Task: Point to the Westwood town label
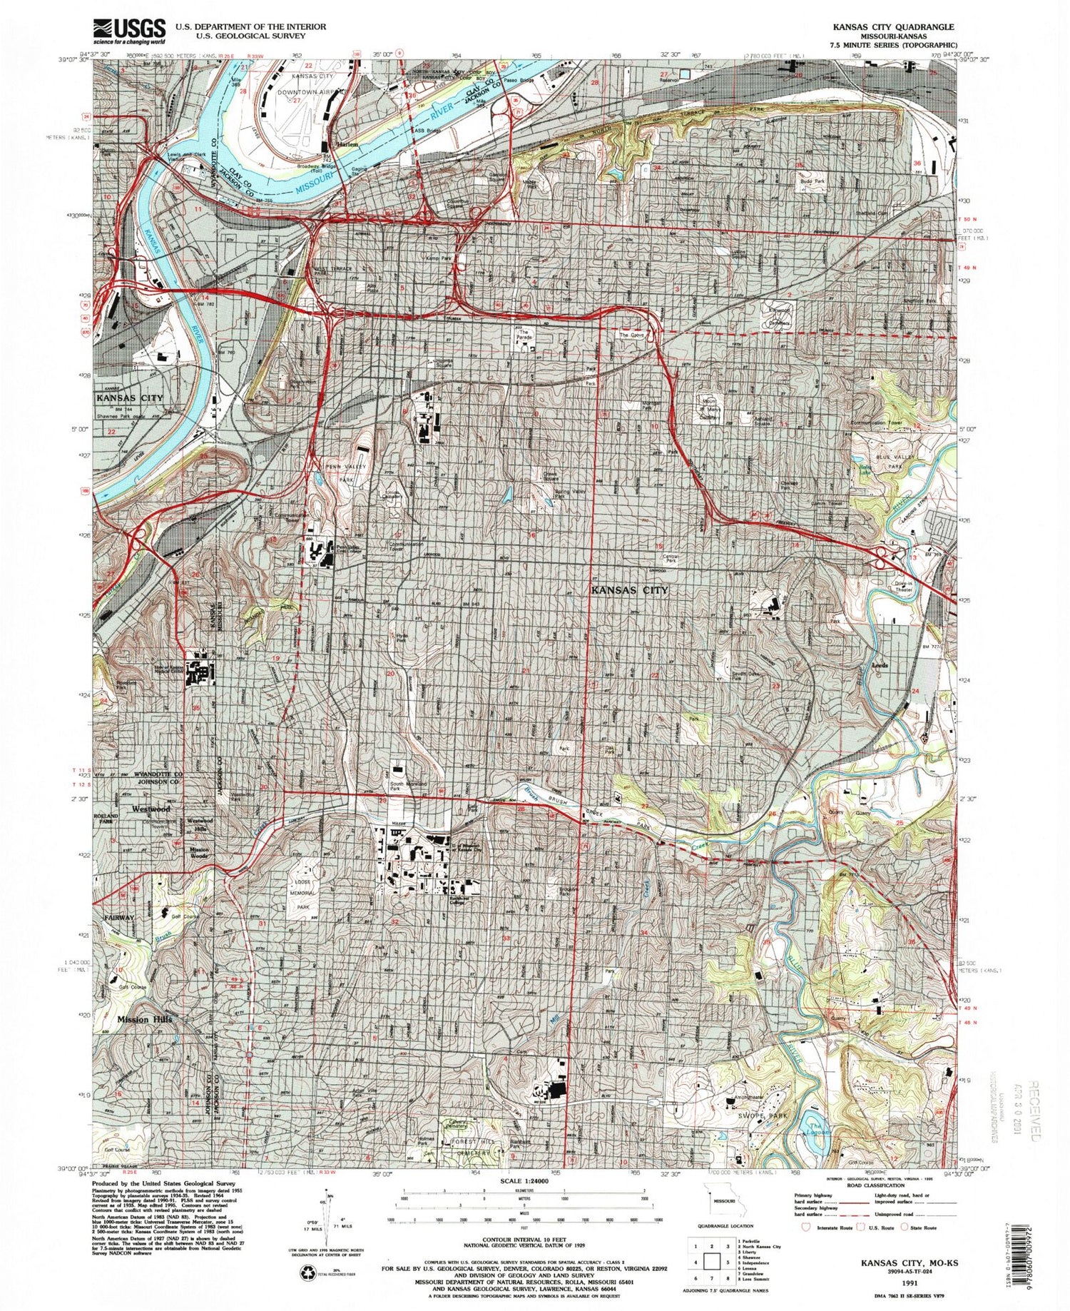point(151,809)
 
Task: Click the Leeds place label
point(880,665)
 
